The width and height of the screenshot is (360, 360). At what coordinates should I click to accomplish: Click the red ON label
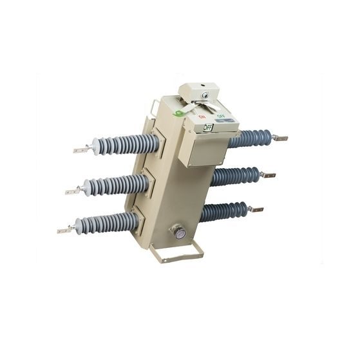(x=201, y=117)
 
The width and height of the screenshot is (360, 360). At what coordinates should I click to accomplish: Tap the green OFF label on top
(x=220, y=117)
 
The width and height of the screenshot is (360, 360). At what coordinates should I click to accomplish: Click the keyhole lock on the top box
(x=205, y=95)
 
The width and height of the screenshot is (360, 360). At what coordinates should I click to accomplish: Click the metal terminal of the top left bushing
(x=81, y=151)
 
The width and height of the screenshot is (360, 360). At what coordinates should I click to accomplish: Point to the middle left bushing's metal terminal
(x=72, y=191)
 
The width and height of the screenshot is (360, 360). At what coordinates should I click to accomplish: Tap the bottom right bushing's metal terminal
(x=256, y=209)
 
